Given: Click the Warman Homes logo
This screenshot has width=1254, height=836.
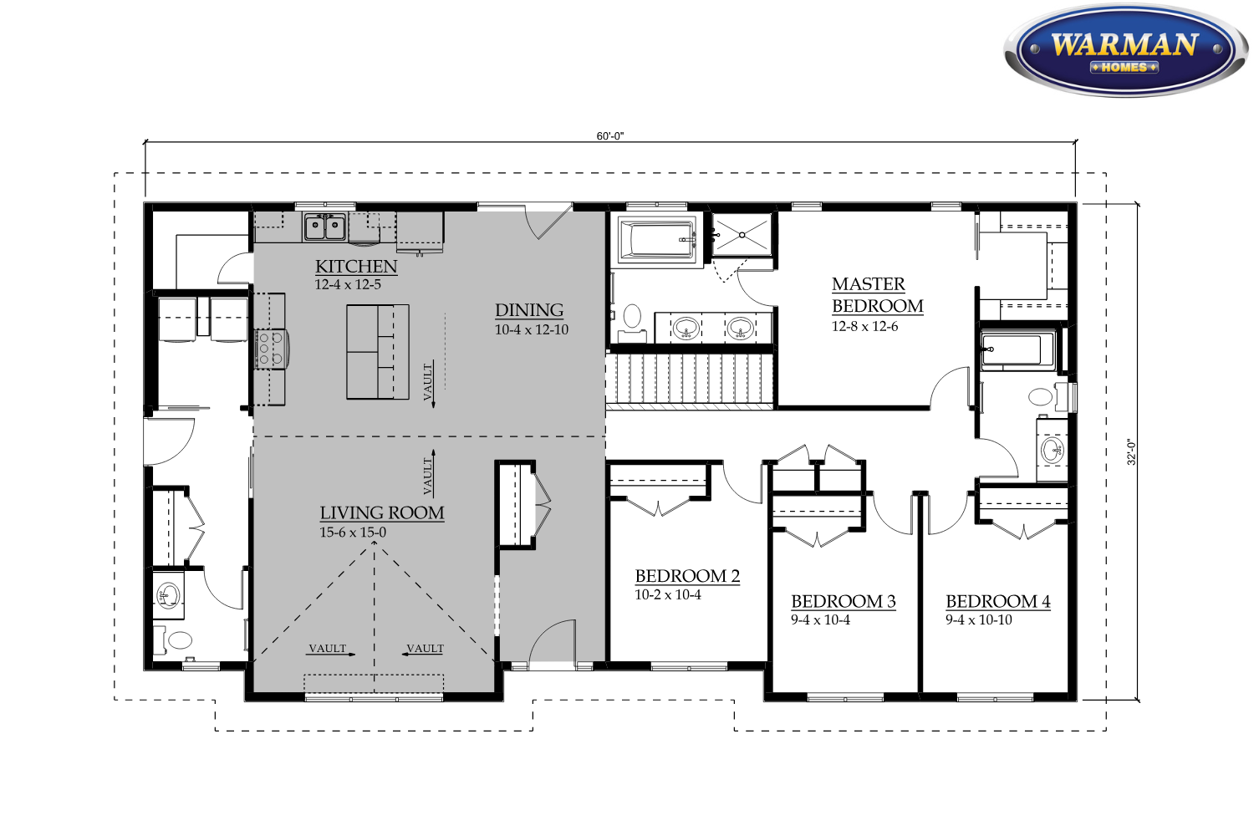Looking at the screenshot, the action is (x=1126, y=50).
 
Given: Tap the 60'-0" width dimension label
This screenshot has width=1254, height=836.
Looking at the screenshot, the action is (x=609, y=136).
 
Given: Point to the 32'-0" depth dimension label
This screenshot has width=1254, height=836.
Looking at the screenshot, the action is (x=1131, y=452).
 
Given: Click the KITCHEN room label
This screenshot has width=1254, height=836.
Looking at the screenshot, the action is (x=356, y=267).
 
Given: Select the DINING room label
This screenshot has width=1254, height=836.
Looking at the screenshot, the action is (x=529, y=310).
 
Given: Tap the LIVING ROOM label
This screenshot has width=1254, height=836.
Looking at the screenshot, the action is (x=382, y=513).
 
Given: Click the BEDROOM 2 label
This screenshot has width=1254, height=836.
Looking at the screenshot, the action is (x=687, y=576).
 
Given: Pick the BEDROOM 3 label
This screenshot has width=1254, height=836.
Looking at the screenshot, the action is (x=843, y=601).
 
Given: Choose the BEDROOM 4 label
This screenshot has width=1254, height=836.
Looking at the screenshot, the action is (x=998, y=601).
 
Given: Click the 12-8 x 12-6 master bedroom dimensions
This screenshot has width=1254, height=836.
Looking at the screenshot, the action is (x=864, y=326).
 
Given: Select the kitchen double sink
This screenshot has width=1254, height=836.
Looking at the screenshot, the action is (x=324, y=227).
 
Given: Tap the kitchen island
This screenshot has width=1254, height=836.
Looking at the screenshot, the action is (x=377, y=352).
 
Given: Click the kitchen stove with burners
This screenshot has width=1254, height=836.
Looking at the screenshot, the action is (x=272, y=349).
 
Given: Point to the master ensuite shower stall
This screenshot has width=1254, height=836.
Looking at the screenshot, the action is (x=742, y=235).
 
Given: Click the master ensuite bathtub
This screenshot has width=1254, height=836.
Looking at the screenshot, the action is (x=656, y=240).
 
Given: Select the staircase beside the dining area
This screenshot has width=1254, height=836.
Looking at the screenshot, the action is (x=690, y=379).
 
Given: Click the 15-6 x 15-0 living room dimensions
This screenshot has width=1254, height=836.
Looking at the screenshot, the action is (x=353, y=533).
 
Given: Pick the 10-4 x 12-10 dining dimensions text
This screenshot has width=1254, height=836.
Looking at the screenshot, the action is (x=531, y=330).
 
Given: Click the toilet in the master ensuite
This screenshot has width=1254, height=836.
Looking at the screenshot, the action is (x=632, y=316).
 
